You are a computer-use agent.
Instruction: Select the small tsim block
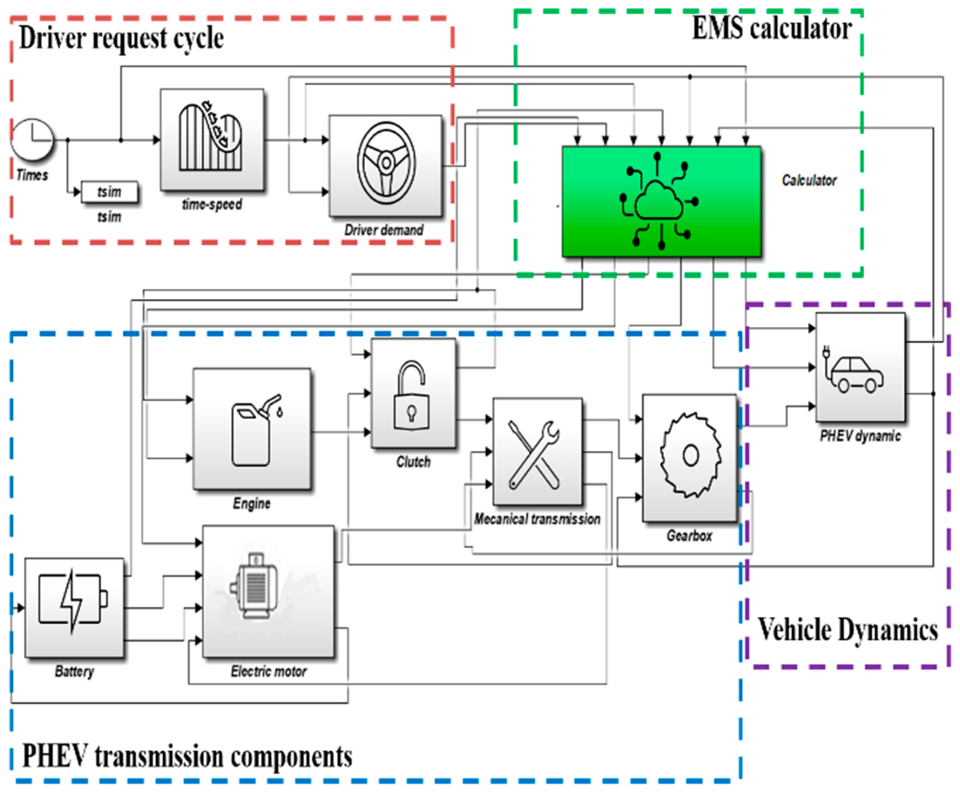pos(109,192)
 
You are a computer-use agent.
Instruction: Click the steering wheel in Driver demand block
pos(386,163)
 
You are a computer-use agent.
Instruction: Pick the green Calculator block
pos(661,201)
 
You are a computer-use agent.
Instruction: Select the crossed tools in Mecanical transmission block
pos(534,454)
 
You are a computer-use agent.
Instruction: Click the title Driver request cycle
pos(121,38)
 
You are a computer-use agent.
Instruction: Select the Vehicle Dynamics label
pos(848,630)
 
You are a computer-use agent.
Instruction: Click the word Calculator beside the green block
pos(809,181)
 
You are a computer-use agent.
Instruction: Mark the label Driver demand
pos(384,230)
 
